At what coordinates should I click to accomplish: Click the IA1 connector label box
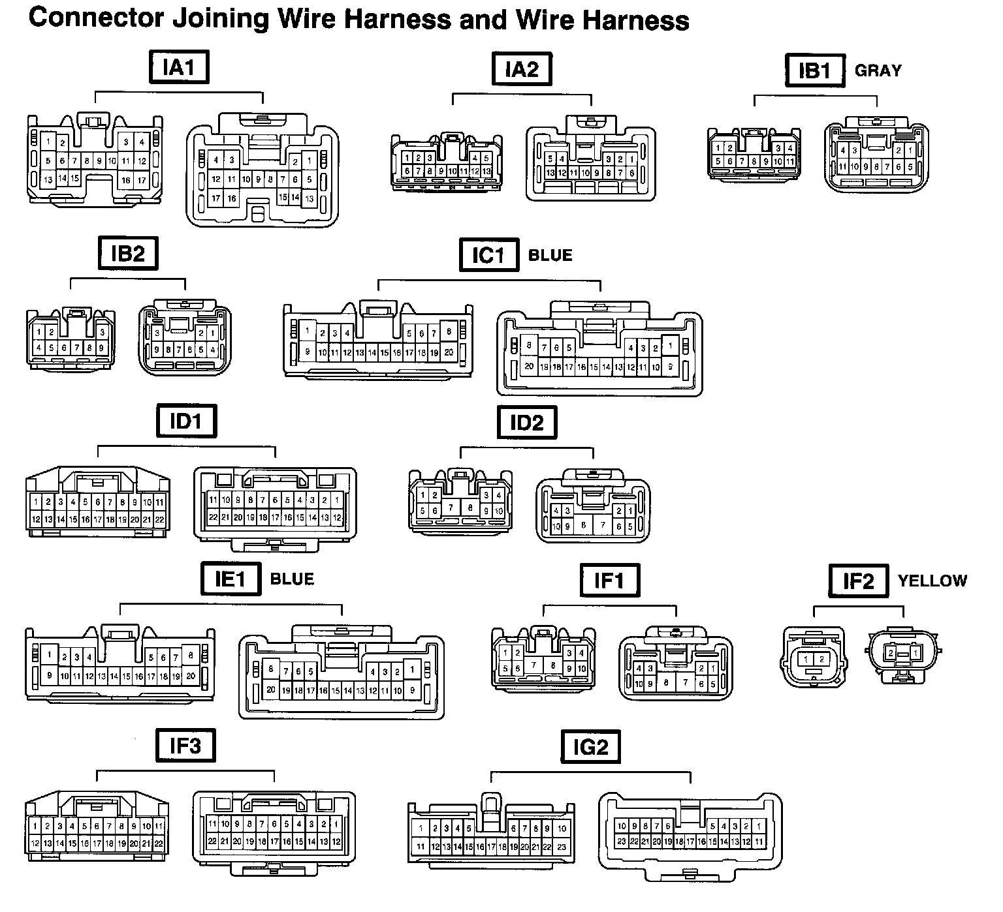pyautogui.click(x=179, y=67)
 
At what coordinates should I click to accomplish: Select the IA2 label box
pyautogui.click(x=522, y=68)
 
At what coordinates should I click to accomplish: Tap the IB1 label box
pyautogui.click(x=814, y=70)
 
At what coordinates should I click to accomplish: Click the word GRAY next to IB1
pyautogui.click(x=878, y=70)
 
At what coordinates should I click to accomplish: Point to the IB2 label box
pyautogui.click(x=128, y=253)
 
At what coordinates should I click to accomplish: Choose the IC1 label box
pyautogui.click(x=489, y=255)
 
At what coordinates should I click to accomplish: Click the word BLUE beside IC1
pyautogui.click(x=550, y=255)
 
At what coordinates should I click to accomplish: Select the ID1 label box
pyautogui.click(x=186, y=421)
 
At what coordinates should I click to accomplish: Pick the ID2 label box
pyautogui.click(x=526, y=423)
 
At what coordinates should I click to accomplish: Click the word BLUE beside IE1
pyautogui.click(x=292, y=579)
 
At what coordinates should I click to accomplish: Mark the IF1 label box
pyautogui.click(x=609, y=580)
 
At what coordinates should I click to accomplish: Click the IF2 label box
pyautogui.click(x=858, y=581)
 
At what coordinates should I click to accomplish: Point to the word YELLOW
pyautogui.click(x=932, y=581)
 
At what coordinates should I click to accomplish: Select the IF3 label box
pyautogui.click(x=185, y=746)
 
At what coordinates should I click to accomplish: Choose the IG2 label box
pyautogui.click(x=590, y=747)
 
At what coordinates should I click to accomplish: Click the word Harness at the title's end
pyautogui.click(x=636, y=20)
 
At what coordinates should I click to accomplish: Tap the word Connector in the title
pyautogui.click(x=95, y=18)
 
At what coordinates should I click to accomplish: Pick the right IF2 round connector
pyautogui.click(x=903, y=654)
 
